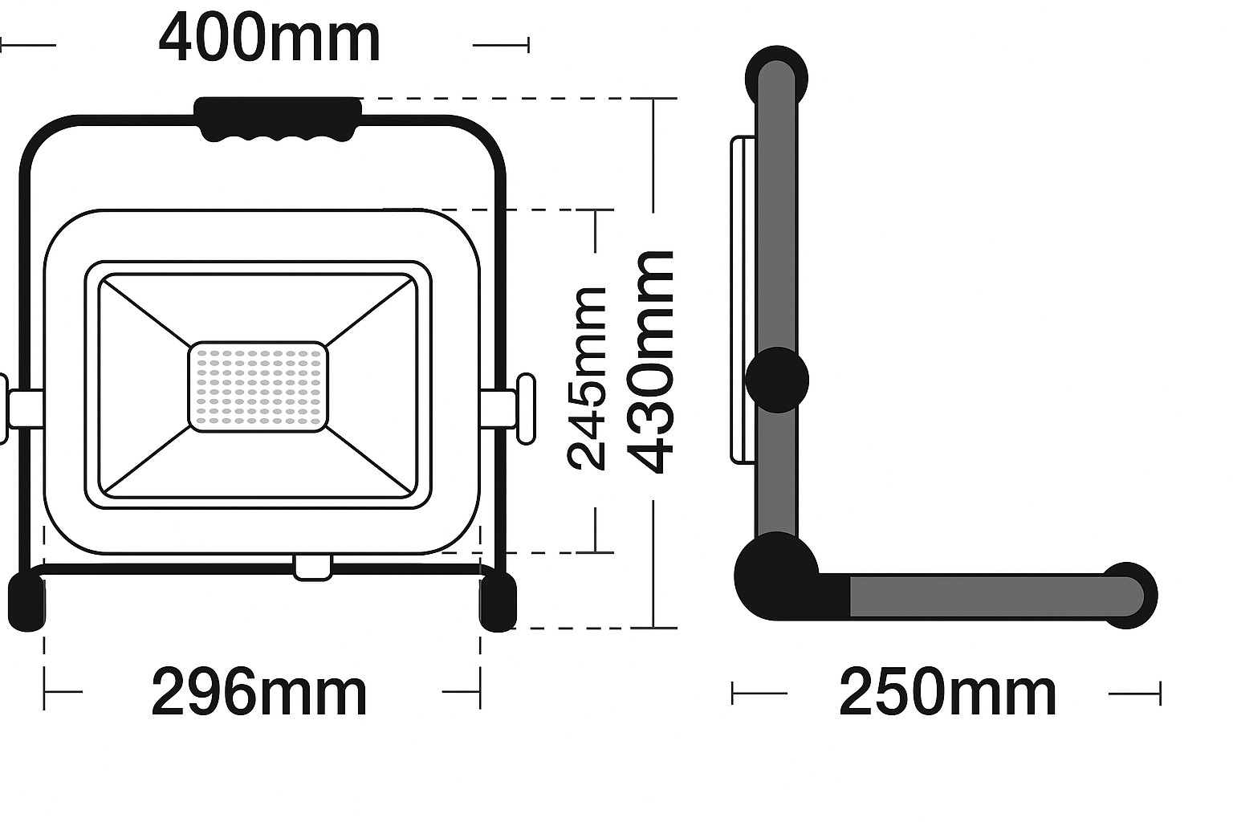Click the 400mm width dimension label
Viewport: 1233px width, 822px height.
(x=269, y=39)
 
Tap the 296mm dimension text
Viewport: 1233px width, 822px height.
(x=258, y=693)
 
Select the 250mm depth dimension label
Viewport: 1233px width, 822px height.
(x=947, y=693)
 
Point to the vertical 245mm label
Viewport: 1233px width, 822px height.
(x=587, y=378)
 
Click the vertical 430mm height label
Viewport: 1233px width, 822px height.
(x=650, y=362)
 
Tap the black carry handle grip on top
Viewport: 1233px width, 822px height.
(x=278, y=119)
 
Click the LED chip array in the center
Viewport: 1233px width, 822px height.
(x=258, y=387)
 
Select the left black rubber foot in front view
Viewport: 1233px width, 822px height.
(x=26, y=601)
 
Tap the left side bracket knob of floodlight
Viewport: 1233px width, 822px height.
(x=4, y=408)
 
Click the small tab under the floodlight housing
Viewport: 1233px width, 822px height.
(x=312, y=567)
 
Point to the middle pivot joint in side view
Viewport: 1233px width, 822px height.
(x=777, y=380)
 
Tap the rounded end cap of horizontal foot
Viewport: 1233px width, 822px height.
(x=1129, y=596)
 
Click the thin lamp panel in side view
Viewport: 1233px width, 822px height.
(x=743, y=299)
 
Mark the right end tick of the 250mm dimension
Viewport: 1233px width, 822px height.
(x=1160, y=694)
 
